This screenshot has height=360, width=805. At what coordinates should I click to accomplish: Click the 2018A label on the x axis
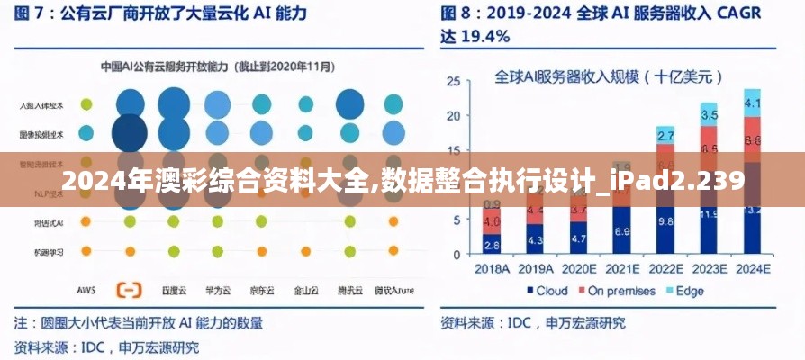[491, 268]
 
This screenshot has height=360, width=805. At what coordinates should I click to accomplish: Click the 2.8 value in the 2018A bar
[492, 244]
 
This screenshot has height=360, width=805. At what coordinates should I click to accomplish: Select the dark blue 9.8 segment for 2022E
[665, 221]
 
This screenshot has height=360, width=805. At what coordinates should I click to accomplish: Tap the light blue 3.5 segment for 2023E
[709, 115]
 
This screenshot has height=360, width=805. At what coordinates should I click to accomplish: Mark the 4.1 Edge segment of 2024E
[752, 103]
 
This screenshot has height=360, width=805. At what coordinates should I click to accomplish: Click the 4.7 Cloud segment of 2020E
[579, 239]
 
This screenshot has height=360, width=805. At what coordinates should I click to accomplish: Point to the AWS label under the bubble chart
[86, 291]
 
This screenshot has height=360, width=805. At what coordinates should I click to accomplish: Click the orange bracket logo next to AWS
[129, 290]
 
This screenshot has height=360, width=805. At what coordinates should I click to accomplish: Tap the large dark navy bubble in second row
[129, 133]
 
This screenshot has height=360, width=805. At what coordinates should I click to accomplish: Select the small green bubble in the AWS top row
[86, 104]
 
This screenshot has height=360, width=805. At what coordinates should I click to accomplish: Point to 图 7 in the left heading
[32, 13]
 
